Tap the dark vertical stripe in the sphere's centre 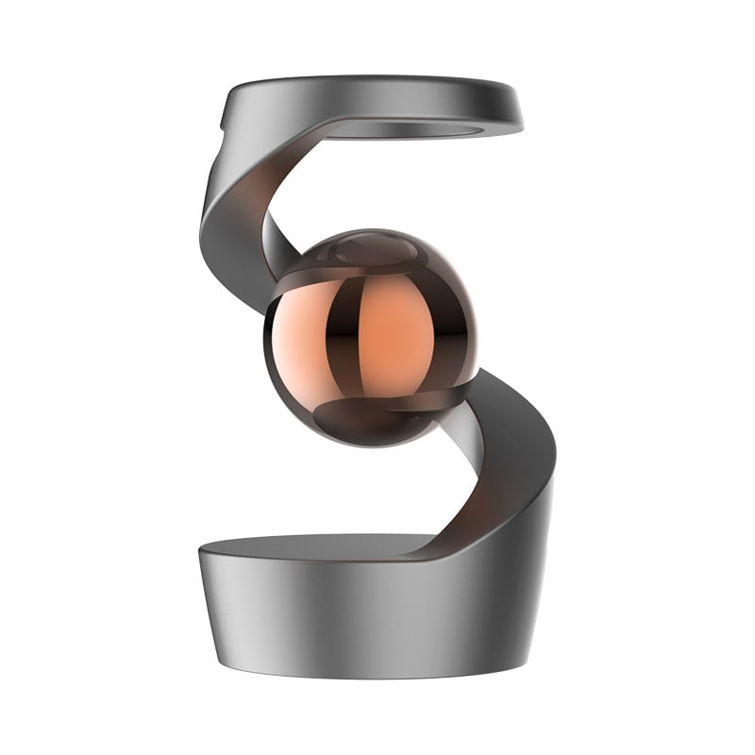(x=344, y=335)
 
